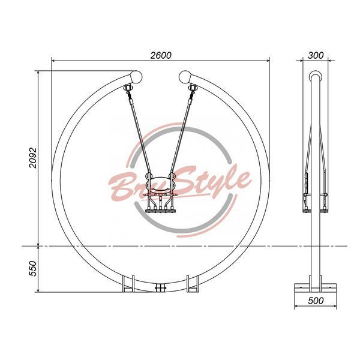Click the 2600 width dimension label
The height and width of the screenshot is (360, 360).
[161, 55]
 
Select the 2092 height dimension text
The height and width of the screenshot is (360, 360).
[33, 158]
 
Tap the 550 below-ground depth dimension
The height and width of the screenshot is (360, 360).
[33, 268]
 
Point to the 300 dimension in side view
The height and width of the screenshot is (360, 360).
[316, 55]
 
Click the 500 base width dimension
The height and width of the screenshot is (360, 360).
[316, 301]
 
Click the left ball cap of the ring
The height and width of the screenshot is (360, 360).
[136, 77]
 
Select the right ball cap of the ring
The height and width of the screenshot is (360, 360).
[185, 77]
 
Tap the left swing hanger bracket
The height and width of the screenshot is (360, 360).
[128, 88]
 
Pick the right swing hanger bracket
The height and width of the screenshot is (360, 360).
[192, 88]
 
